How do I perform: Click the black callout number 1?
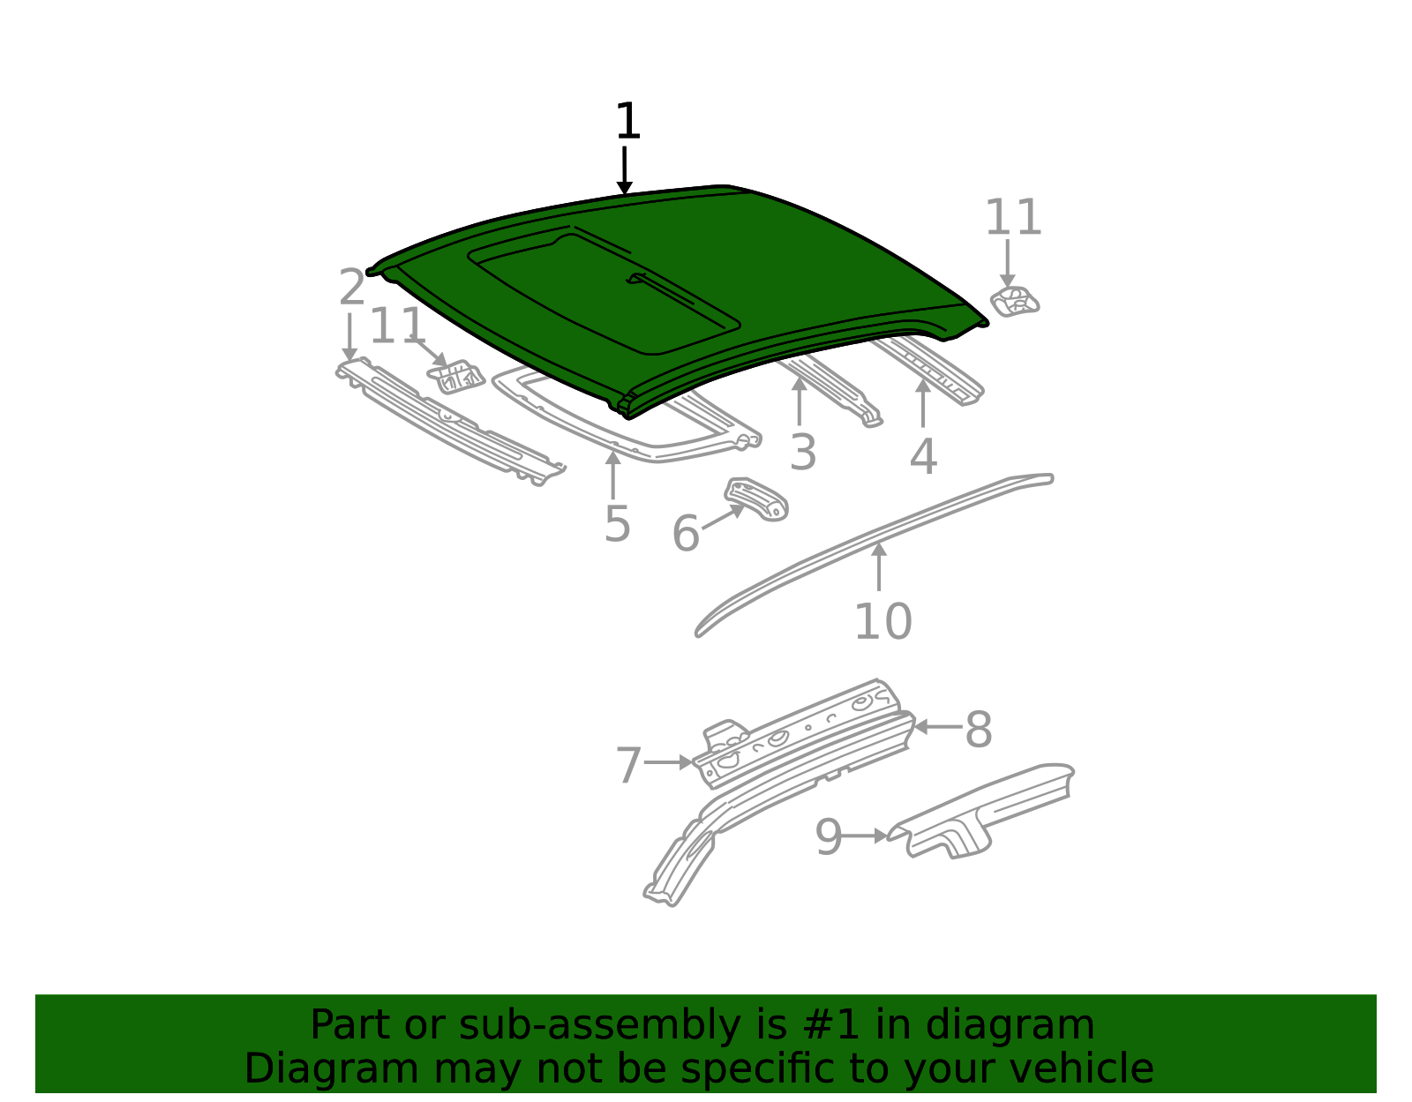point(627,121)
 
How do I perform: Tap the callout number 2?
point(351,287)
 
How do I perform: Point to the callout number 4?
point(923,456)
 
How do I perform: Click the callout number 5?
point(617,523)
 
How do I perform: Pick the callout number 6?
point(686,533)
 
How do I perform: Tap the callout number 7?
point(628,765)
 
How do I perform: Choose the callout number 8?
point(979,729)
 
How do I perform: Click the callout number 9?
point(829,837)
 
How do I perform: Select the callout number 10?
point(883,621)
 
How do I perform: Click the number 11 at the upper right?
point(1013,217)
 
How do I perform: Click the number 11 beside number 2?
point(397,326)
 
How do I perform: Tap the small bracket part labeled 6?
point(757,499)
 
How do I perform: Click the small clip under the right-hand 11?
point(1014,302)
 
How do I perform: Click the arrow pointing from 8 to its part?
point(938,727)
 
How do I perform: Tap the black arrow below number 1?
point(625,170)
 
